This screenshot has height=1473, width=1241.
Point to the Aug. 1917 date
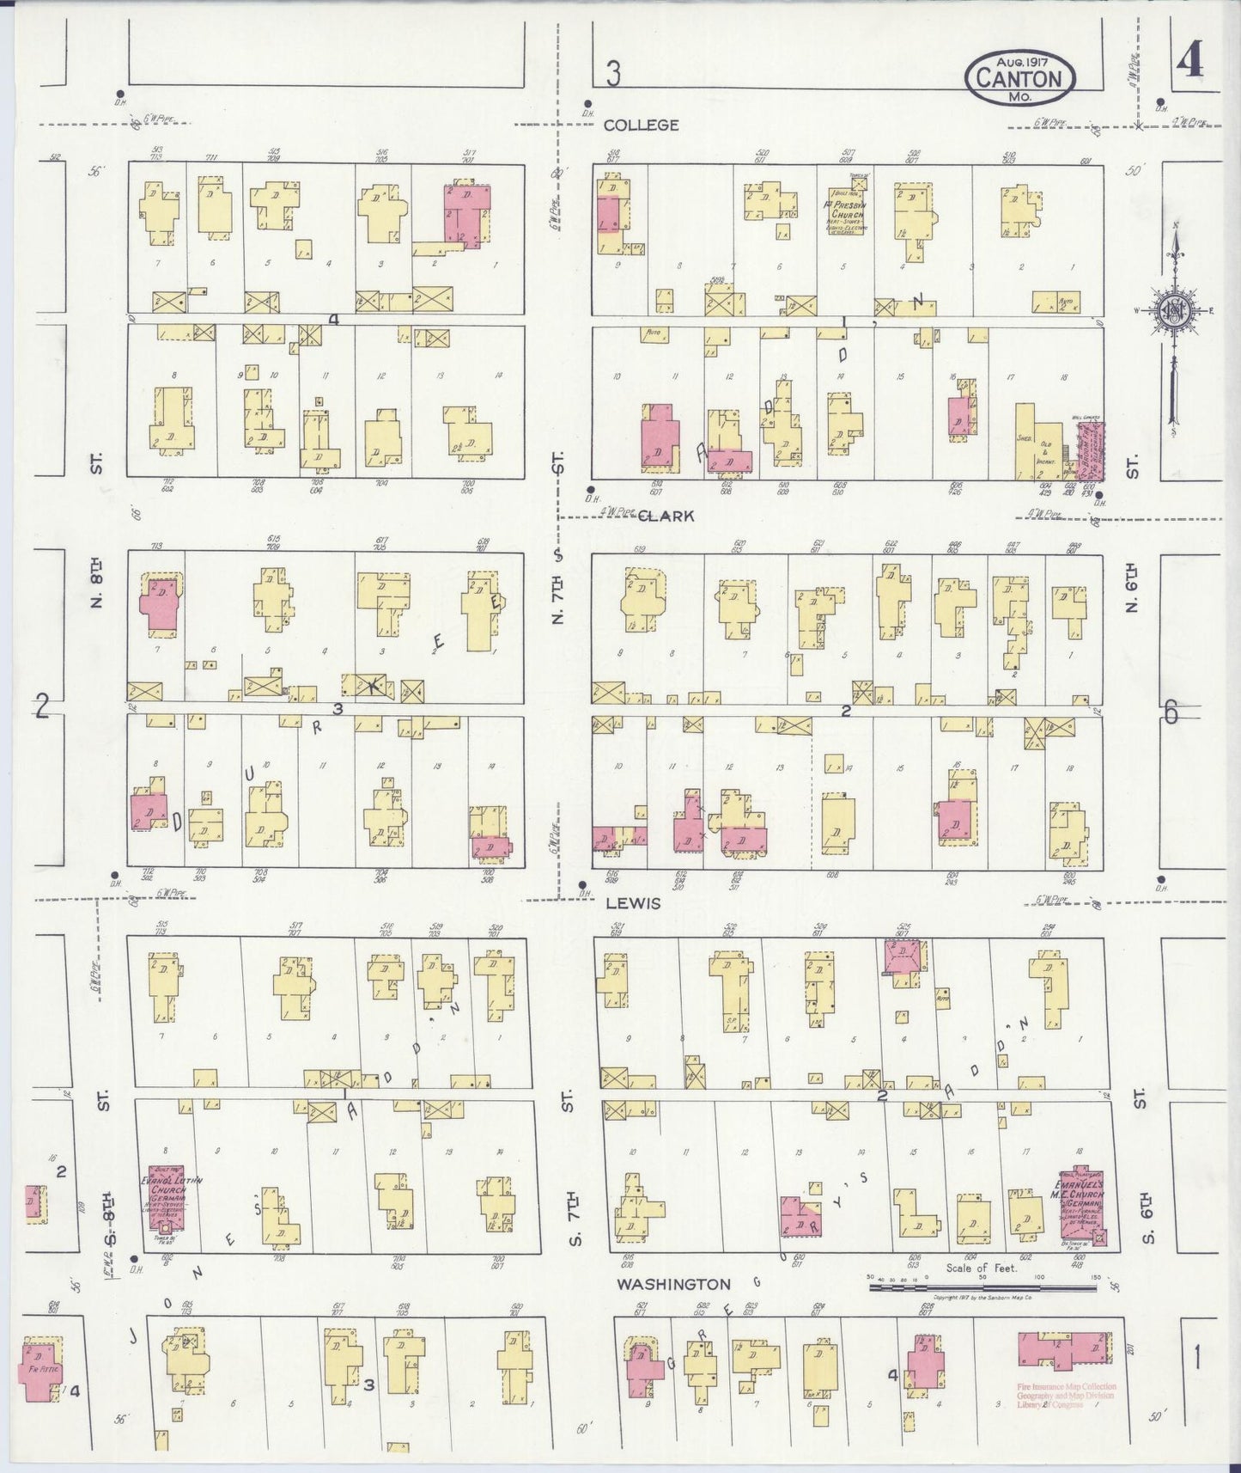click(1023, 60)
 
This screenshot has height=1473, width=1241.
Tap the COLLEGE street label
click(641, 125)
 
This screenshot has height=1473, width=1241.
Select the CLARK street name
click(666, 516)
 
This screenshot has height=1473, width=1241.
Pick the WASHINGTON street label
click(674, 1284)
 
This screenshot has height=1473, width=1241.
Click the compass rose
click(1173, 310)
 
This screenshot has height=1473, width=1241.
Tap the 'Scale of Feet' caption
click(981, 1268)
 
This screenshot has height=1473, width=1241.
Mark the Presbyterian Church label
click(847, 211)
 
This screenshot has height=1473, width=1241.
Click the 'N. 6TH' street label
click(1133, 589)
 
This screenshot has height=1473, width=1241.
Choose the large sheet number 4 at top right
click(1190, 62)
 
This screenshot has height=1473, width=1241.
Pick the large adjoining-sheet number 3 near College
click(612, 76)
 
